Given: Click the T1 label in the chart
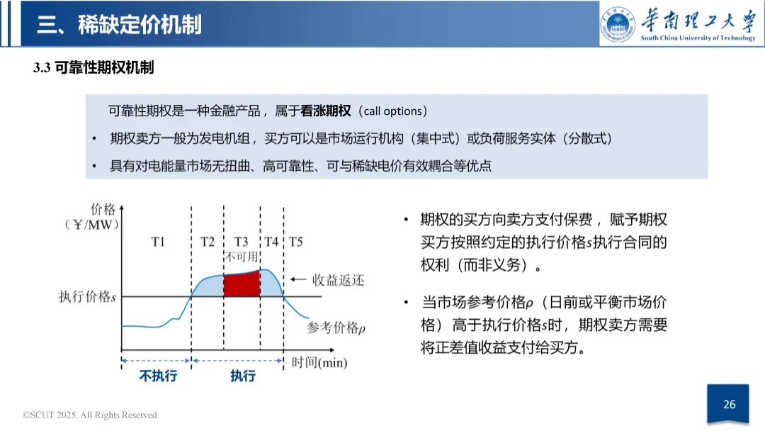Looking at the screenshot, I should [157, 242].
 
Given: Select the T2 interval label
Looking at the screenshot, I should [207, 242].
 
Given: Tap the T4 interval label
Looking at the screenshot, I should [272, 242].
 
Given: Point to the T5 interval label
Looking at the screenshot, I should [295, 242].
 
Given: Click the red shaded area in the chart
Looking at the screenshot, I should [242, 283].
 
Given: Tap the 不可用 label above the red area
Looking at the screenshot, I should [242, 257].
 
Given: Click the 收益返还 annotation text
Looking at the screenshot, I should [339, 281].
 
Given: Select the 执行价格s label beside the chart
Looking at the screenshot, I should [87, 296].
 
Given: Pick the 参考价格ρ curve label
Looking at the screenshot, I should [336, 328].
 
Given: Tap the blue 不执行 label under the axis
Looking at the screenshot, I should [158, 376].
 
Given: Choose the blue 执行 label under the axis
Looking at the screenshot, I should [243, 376].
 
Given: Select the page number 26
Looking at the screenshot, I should [730, 405].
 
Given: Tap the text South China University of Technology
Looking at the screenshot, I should [698, 38].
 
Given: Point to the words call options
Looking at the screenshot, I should [394, 111].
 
